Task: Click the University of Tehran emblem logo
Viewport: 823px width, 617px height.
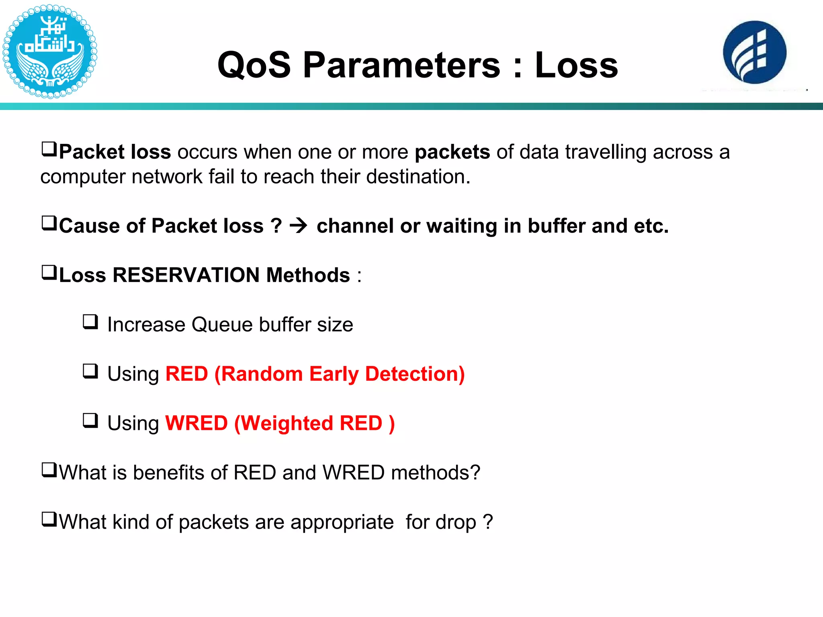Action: coord(49,51)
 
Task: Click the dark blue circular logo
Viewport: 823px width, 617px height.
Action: coord(754,53)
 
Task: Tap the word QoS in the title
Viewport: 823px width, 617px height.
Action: coord(254,65)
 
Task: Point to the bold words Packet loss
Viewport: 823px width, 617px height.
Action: coord(115,152)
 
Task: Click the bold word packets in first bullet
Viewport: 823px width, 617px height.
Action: coord(452,152)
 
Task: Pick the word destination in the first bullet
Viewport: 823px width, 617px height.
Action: coord(418,177)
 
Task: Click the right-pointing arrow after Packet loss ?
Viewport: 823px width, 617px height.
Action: coord(299,226)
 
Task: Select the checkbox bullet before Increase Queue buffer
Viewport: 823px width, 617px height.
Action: coord(90,322)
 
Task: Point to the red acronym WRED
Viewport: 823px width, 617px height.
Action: coord(197,423)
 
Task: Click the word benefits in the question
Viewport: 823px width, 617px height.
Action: coord(169,473)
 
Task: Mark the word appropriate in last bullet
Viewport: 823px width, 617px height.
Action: coord(342,522)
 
